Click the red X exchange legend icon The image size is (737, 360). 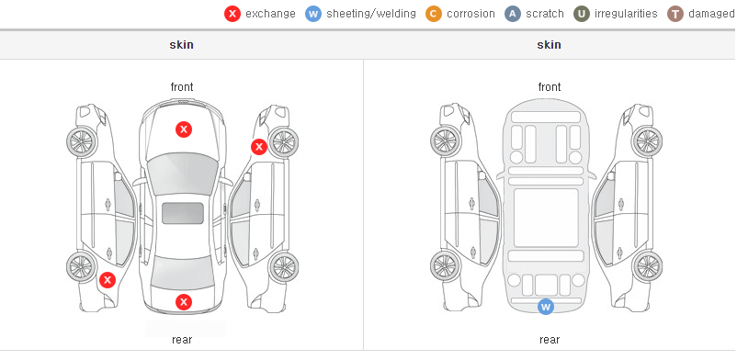coord(232,14)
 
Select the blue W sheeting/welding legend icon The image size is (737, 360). coord(313,14)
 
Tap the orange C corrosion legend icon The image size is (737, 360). coord(434,14)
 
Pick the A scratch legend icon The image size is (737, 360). coord(513,14)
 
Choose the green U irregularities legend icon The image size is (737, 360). coord(582,14)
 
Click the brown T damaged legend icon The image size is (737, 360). coord(675,14)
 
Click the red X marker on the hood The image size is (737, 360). coord(184,129)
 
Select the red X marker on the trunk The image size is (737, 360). coord(184,302)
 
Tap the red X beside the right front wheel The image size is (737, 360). coord(258,147)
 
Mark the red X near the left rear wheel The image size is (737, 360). coord(108,281)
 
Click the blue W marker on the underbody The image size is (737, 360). coord(546,307)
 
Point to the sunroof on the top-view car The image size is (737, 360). coord(183,213)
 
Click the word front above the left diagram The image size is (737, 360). coord(182,87)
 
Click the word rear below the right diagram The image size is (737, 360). coord(550,340)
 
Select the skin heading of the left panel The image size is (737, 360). coord(181,45)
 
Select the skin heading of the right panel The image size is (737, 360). coord(549,45)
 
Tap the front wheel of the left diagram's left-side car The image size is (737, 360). coord(82,142)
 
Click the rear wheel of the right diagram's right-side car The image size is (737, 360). coord(647,266)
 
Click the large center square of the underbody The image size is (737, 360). coord(546,218)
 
